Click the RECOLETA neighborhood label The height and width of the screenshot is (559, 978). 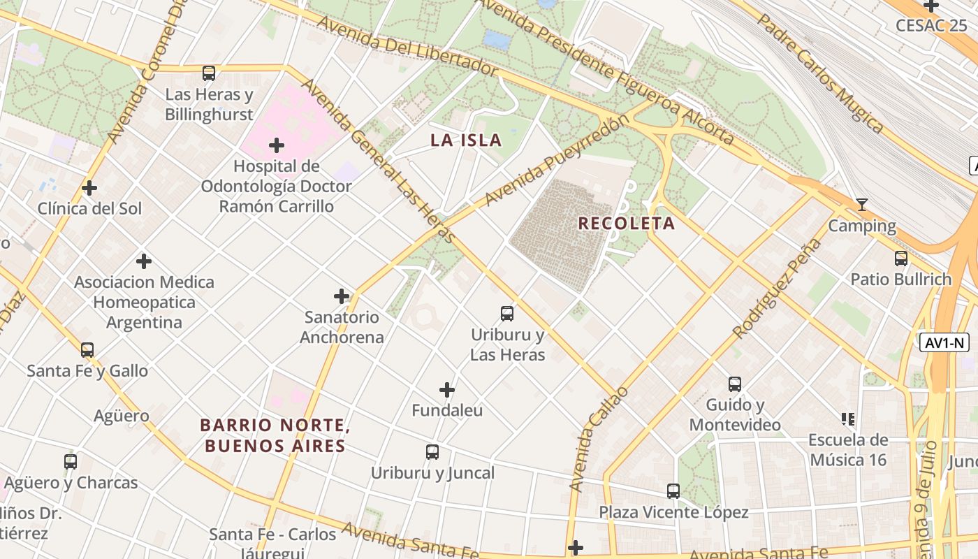[x=627, y=224]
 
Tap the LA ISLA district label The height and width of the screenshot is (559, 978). [x=466, y=140]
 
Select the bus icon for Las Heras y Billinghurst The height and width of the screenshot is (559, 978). [x=208, y=73]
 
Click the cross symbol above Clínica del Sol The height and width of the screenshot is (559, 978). [x=89, y=188]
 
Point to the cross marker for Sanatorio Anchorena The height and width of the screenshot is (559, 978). [x=342, y=296]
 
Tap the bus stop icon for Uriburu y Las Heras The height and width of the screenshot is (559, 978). [x=507, y=314]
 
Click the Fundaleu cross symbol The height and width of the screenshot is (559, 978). [x=447, y=389]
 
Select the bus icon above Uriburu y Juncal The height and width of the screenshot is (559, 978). [x=432, y=452]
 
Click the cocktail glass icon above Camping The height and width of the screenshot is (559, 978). [x=862, y=205]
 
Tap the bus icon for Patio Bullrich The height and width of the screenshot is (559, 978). [x=901, y=259]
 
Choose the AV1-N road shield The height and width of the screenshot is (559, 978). [x=944, y=342]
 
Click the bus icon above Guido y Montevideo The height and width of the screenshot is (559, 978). [x=735, y=384]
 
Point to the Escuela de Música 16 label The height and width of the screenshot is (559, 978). [x=848, y=449]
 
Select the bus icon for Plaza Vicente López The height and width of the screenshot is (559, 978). [x=673, y=491]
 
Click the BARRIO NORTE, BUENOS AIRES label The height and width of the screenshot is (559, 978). [x=275, y=435]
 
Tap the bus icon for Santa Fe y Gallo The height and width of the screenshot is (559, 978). [x=87, y=349]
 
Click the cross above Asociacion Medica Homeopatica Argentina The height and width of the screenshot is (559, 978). [x=144, y=261]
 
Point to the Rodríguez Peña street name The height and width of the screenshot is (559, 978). [x=778, y=287]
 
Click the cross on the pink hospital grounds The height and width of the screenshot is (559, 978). [x=277, y=145]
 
